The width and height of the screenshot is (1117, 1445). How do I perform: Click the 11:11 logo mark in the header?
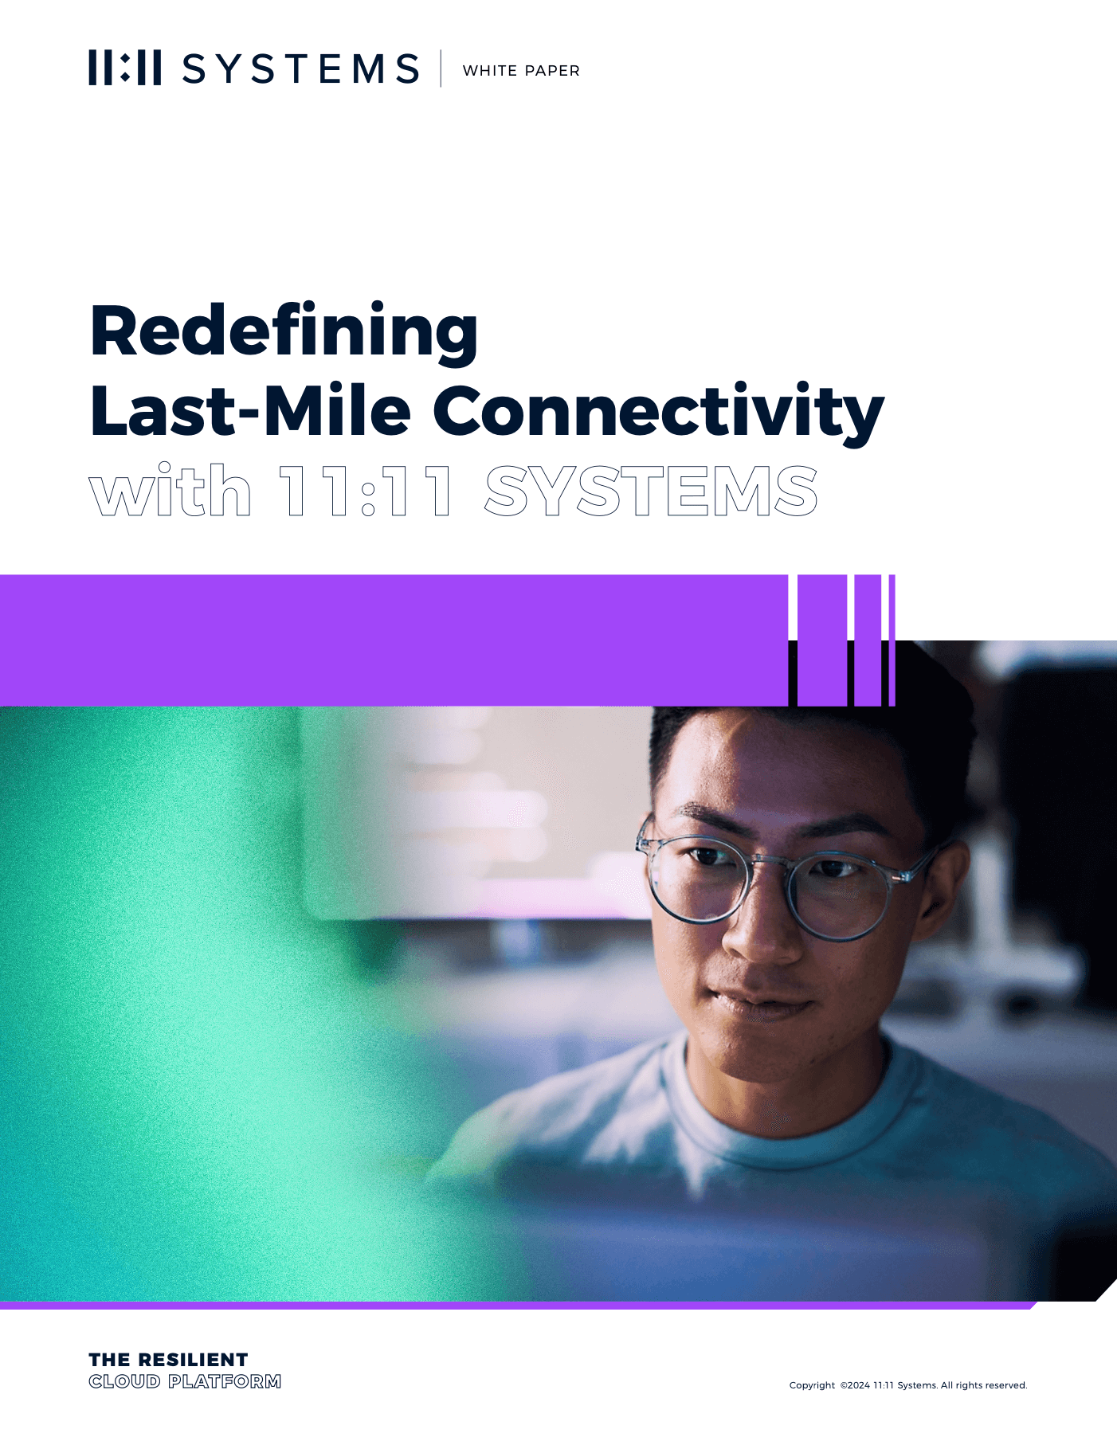[x=124, y=68]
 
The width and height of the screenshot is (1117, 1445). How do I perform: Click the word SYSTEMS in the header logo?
[x=301, y=69]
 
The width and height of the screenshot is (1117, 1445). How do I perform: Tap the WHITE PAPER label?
[x=521, y=71]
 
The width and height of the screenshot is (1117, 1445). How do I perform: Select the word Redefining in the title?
[x=284, y=332]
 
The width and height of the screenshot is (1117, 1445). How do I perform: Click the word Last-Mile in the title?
[x=251, y=410]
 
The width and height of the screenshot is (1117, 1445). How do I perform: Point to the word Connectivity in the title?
[x=659, y=413]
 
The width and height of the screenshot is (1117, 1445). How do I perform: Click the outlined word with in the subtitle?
[x=170, y=489]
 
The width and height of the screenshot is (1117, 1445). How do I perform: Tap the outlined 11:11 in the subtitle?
[x=366, y=491]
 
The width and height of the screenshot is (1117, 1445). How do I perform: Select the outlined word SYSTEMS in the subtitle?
[x=651, y=491]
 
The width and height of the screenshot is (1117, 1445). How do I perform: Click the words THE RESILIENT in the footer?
[x=168, y=1360]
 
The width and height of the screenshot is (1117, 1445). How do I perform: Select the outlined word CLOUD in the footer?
[x=124, y=1381]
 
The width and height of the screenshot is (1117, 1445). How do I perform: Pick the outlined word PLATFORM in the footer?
[x=225, y=1381]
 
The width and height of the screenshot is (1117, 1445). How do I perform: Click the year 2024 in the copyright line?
[x=858, y=1385]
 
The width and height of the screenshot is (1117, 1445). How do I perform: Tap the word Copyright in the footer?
[x=812, y=1385]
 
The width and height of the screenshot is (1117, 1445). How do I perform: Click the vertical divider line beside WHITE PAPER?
[x=441, y=69]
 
